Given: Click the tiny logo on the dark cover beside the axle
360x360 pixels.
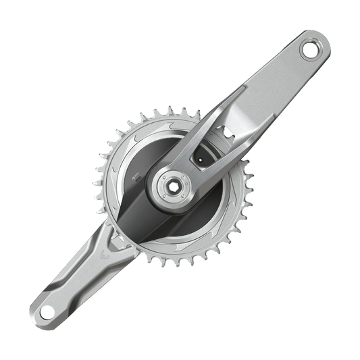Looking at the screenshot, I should pyautogui.click(x=140, y=179).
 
